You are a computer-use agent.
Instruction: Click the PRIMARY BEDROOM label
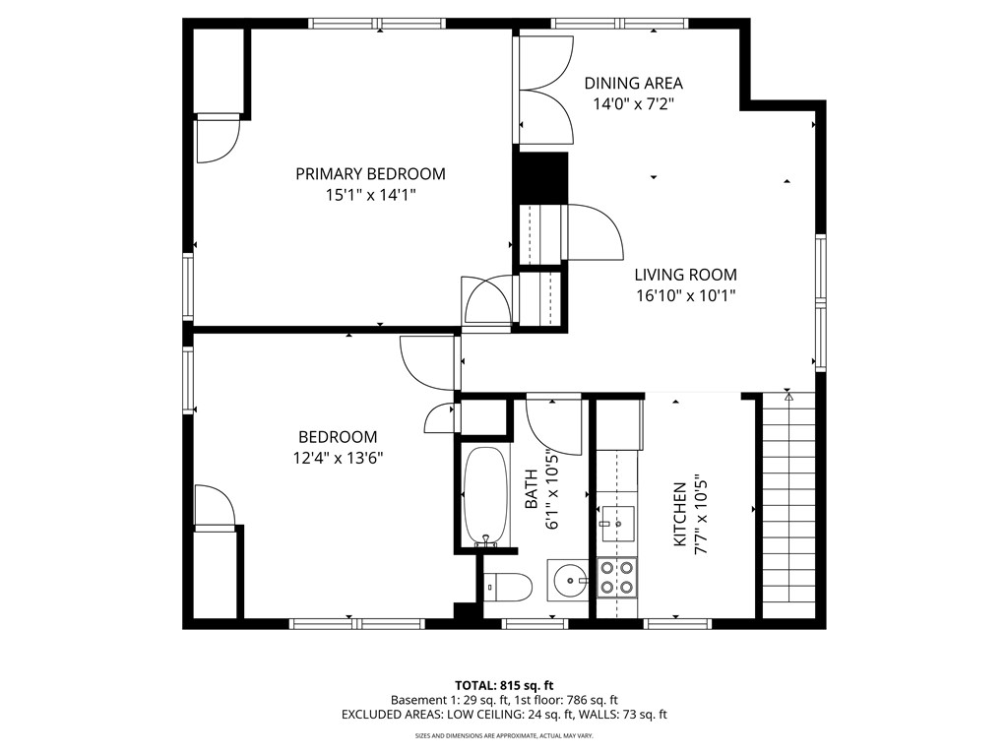point(370,174)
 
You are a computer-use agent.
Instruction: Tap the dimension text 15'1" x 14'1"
point(370,196)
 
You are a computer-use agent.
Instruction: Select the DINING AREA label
point(633,84)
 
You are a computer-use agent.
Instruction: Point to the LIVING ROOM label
point(685,276)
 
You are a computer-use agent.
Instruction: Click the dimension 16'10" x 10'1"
point(685,295)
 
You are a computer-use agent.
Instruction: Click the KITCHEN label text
point(679,514)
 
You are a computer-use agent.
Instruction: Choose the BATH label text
point(532,489)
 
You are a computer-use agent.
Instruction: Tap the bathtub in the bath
point(485,497)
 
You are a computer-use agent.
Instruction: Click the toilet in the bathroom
point(508,588)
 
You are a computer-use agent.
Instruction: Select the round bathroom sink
point(568,581)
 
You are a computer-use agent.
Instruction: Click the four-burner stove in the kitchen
point(616,578)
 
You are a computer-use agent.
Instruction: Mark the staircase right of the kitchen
point(789,502)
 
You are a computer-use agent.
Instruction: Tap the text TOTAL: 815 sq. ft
point(504,685)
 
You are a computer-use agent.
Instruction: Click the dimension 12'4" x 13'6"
point(338,457)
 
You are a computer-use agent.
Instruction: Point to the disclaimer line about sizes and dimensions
point(504,735)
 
